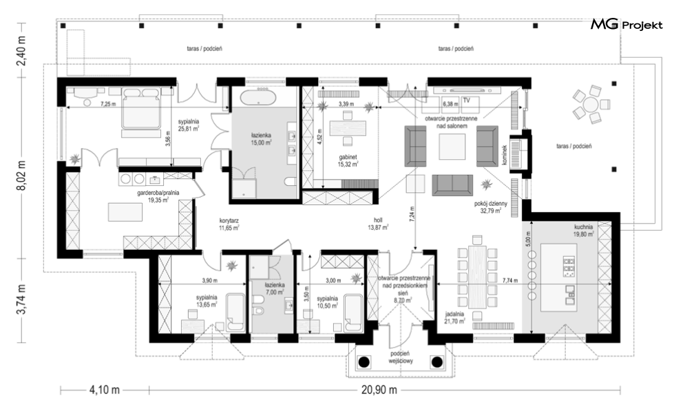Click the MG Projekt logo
pos(626,25)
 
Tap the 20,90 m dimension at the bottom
pos(379,390)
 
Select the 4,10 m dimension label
pos(105,390)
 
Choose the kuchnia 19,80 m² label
pos(584,231)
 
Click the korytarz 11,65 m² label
pos(229,224)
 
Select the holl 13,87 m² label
pos(379,224)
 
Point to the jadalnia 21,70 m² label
pos(454,317)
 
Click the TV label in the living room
pos(466,100)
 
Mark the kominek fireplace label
pos(504,155)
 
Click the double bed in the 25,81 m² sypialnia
pos(140,107)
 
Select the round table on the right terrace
pos(591,105)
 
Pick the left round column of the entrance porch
pos(363,361)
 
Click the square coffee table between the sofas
pos(452,147)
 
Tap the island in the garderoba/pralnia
pos(126,213)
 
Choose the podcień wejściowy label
pos(400,357)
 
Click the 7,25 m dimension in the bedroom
pos(108,104)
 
